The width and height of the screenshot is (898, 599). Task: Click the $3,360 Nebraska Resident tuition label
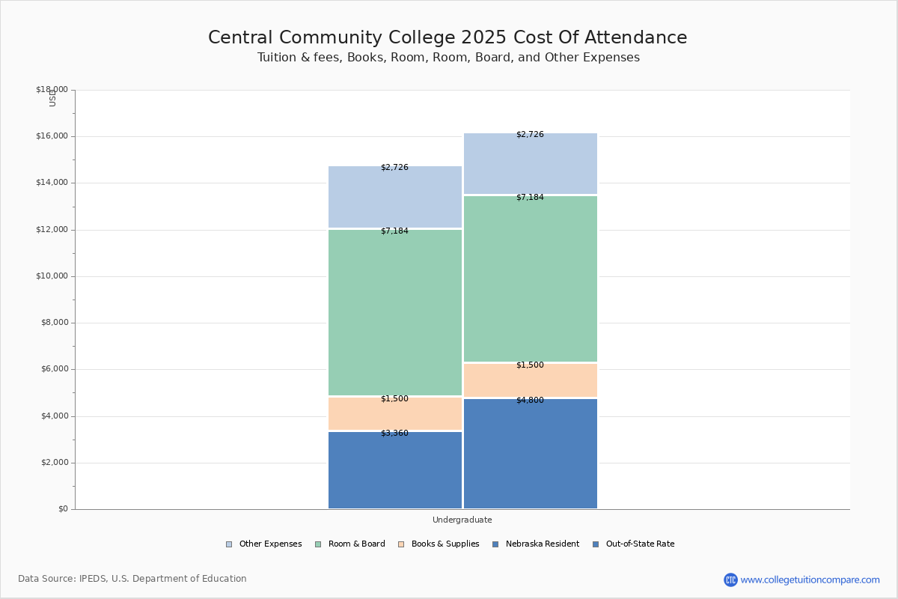click(394, 433)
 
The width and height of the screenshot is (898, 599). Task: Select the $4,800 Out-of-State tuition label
click(530, 400)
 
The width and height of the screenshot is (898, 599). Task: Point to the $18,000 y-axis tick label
click(52, 90)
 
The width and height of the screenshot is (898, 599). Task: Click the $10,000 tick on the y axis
click(52, 276)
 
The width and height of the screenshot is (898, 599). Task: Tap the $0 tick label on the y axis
click(62, 509)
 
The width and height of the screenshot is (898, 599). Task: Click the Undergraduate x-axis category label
click(462, 520)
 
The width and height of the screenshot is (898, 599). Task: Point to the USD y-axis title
click(52, 98)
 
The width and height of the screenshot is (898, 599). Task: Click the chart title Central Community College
click(448, 38)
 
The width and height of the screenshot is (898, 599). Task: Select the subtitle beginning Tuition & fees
click(448, 58)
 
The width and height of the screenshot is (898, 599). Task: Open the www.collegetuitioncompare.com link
click(810, 580)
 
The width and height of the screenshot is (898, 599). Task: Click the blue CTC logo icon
click(730, 580)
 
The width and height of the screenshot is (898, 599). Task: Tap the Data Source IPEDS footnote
click(132, 579)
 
